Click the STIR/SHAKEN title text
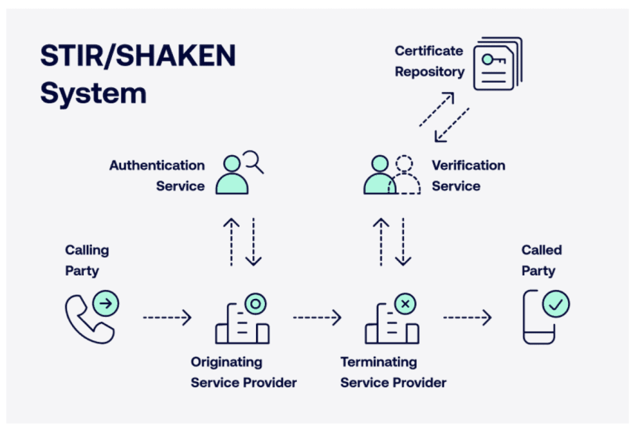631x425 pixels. click(x=138, y=56)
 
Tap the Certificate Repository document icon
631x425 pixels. click(x=498, y=64)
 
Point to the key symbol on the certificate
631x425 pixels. click(x=494, y=59)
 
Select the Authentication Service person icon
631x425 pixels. click(x=232, y=175)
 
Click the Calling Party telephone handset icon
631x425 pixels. click(x=88, y=320)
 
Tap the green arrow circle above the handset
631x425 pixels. click(x=105, y=303)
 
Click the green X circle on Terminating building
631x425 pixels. click(x=405, y=304)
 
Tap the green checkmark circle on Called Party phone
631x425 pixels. click(x=556, y=304)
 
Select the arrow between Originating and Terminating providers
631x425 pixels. click(x=317, y=317)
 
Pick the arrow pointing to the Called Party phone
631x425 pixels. click(x=468, y=317)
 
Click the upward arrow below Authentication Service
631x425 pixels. click(x=232, y=242)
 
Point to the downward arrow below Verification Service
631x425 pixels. click(x=403, y=242)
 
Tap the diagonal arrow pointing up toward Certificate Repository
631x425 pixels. click(x=437, y=109)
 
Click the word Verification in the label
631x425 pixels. click(x=468, y=165)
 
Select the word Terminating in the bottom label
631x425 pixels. click(x=379, y=362)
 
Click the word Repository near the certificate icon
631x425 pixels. click(x=430, y=72)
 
